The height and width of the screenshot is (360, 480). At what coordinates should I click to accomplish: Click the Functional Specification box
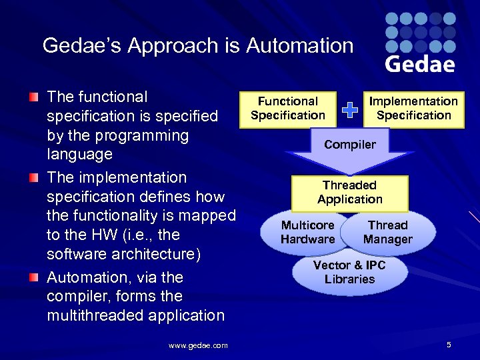[x=288, y=108]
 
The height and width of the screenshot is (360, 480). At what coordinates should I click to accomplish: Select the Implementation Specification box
[x=413, y=108]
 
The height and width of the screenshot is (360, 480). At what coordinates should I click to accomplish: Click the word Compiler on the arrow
[x=350, y=145]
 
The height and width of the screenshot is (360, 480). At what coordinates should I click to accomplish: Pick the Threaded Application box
[x=350, y=192]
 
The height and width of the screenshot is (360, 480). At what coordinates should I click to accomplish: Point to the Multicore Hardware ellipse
[x=308, y=232]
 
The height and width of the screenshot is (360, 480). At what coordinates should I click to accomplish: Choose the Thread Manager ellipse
[x=388, y=232]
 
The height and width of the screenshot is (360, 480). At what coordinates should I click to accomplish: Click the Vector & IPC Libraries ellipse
[x=349, y=272]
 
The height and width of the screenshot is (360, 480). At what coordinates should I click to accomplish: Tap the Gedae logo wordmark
[x=420, y=63]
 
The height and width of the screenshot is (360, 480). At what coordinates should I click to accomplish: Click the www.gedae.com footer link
[x=198, y=345]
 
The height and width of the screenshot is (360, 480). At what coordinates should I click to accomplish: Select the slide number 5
[x=449, y=345]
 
